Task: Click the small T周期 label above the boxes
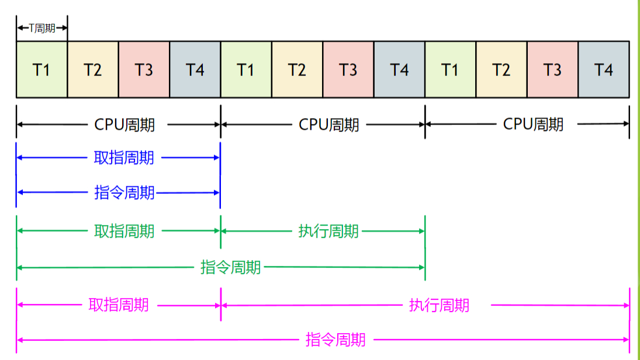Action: (42, 28)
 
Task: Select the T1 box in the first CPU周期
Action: (41, 70)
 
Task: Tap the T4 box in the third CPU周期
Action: (604, 70)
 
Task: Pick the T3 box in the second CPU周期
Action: (348, 70)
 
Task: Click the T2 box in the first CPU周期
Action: (92, 70)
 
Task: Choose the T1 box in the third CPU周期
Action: (450, 70)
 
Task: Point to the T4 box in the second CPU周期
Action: (399, 70)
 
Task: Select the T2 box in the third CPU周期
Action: (501, 70)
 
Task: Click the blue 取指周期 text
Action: (124, 158)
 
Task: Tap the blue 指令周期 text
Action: (124, 192)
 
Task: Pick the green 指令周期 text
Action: (230, 268)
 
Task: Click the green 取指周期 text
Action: (124, 231)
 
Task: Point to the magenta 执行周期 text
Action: (439, 305)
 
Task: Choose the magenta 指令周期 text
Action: (335, 340)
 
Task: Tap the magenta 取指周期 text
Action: (119, 305)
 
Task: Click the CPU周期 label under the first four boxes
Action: (124, 124)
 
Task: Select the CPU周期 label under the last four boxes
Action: (533, 124)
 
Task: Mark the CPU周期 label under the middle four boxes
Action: (329, 124)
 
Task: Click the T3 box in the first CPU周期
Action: (144, 70)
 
